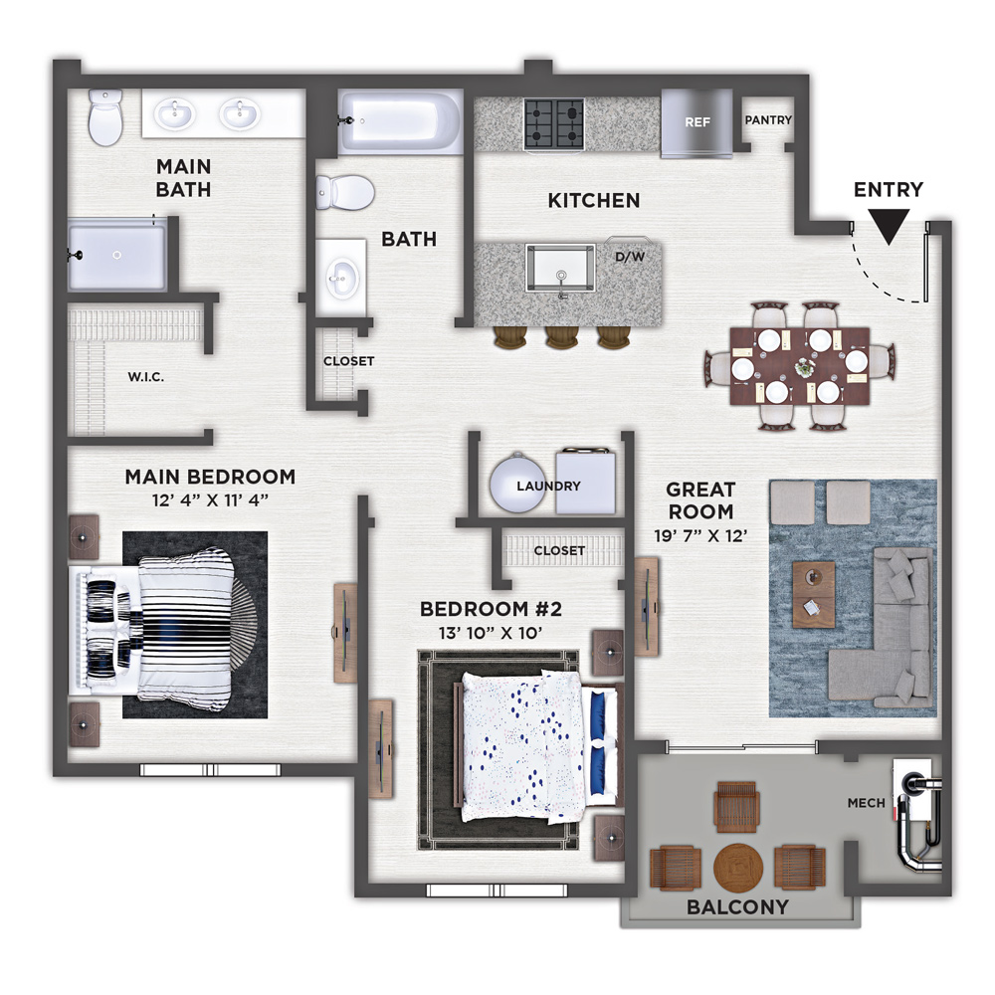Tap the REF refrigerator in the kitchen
point(696,121)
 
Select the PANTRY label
point(768,120)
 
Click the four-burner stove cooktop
point(554,123)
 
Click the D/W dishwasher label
point(630,257)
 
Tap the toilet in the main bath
point(104,116)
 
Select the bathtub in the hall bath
point(400,121)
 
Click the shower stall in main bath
point(116,255)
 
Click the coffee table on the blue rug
point(814,594)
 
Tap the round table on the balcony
point(737,868)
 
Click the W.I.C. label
point(146,377)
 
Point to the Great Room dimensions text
point(700,536)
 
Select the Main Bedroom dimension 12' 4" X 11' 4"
point(210,500)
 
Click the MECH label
point(867,803)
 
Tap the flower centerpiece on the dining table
point(803,366)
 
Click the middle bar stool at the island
point(560,337)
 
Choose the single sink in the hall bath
point(340,278)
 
